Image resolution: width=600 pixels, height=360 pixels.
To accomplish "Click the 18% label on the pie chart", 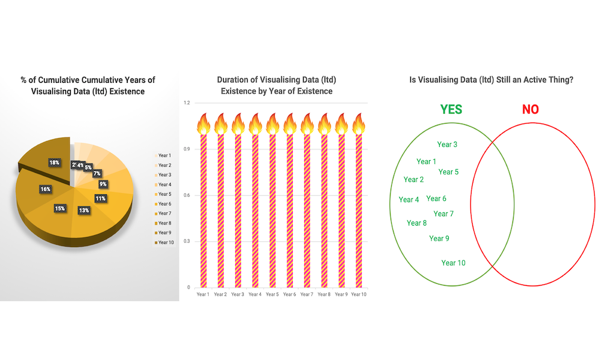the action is [x=55, y=163].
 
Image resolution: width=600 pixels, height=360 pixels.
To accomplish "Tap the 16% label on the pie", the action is [x=46, y=189].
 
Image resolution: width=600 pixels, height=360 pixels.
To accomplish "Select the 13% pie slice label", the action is [x=84, y=211].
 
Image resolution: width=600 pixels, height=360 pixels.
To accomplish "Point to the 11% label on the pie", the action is [x=101, y=199].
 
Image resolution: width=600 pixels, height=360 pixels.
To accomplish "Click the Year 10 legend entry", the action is [x=164, y=242].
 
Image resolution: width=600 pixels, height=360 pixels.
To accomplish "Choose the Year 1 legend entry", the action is [x=163, y=155].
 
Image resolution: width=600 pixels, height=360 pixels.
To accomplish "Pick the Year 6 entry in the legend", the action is [x=163, y=204].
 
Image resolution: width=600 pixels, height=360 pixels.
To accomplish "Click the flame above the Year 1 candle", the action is [x=203, y=124].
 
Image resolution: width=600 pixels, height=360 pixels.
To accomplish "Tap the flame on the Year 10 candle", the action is [x=359, y=124].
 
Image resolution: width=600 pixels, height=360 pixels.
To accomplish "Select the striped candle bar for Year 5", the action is [x=272, y=211].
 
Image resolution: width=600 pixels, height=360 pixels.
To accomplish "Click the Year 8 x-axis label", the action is [x=324, y=294].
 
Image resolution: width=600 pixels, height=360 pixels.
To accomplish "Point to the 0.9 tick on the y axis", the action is [x=187, y=149].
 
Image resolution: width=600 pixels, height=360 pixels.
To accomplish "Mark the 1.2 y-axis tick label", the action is [x=187, y=103].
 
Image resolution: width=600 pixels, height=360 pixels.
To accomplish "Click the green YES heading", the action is [x=451, y=109].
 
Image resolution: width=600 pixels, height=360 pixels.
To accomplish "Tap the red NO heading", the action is [x=530, y=109].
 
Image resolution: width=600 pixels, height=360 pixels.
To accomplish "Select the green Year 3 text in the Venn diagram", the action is [x=447, y=144].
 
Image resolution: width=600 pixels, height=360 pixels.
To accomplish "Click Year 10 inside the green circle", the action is [x=454, y=263].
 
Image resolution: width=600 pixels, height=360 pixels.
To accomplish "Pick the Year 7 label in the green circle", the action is [x=443, y=214].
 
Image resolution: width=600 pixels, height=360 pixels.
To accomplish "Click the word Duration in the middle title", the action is [x=233, y=80].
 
